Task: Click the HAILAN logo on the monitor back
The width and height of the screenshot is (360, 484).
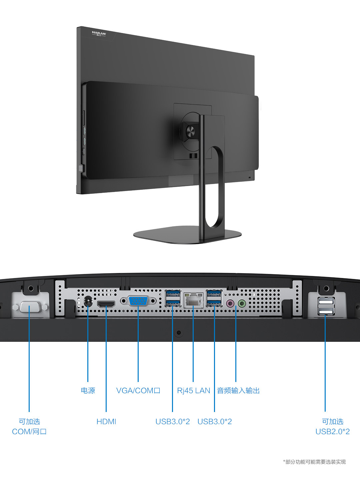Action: (99, 34)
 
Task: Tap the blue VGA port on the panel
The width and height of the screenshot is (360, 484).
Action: (138, 301)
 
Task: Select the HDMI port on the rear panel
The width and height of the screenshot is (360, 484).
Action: (106, 304)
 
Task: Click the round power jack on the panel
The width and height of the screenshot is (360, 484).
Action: (88, 302)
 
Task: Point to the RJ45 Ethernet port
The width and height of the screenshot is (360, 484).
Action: (193, 300)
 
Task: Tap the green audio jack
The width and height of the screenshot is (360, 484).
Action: (242, 303)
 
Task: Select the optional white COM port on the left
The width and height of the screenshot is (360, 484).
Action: (30, 307)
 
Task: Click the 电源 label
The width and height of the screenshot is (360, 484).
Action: (88, 390)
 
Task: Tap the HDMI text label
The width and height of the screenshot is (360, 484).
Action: (106, 422)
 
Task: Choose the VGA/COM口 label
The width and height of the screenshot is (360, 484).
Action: (138, 390)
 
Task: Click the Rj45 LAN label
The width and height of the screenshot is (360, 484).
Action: (193, 390)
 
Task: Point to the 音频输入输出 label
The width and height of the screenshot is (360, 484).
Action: (238, 390)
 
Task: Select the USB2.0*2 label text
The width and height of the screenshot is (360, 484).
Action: (332, 432)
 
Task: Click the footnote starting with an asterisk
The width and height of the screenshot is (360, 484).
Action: (314, 462)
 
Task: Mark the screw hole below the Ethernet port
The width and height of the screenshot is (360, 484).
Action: (179, 333)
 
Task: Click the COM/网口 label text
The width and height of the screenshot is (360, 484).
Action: (29, 432)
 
